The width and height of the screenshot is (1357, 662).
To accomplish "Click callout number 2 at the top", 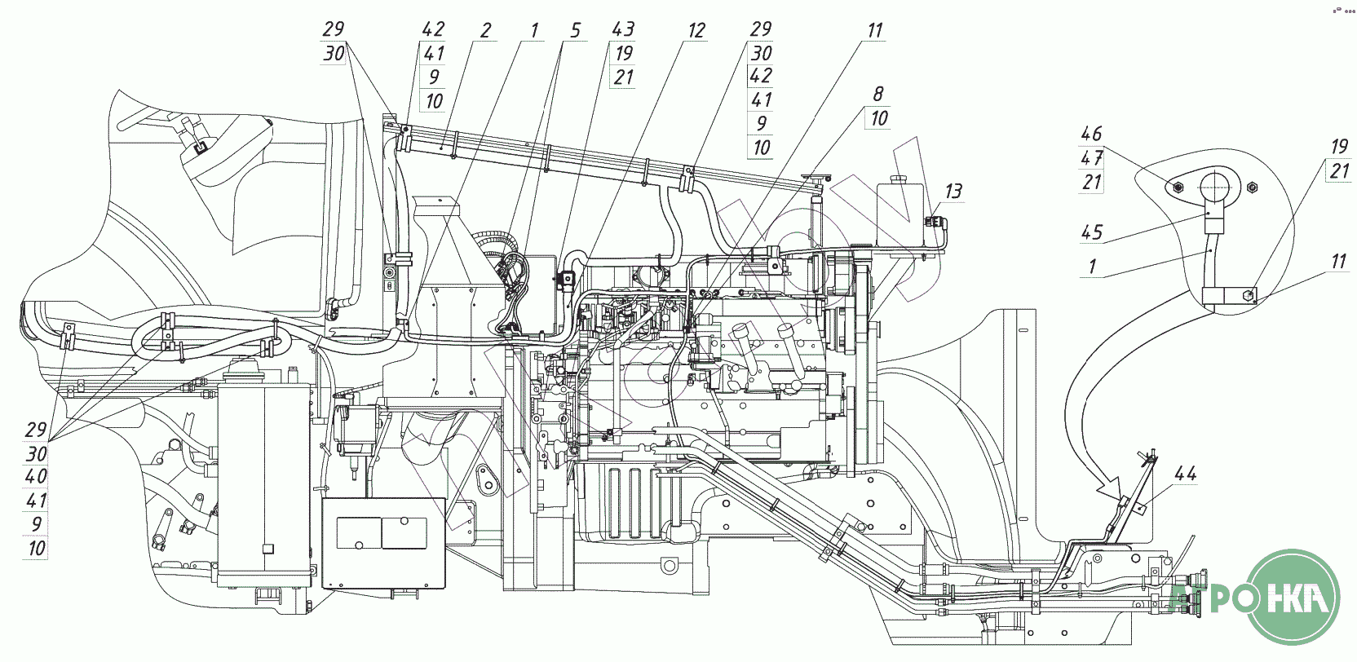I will point(485,31).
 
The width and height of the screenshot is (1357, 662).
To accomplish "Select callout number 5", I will point(575,31).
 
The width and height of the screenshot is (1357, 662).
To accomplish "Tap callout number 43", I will point(622,30).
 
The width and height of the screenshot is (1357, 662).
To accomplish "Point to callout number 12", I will point(696,31).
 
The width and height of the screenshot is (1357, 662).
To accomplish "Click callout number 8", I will point(878,94).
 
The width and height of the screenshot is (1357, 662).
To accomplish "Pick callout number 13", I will point(953,192).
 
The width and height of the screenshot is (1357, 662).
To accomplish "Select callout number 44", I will point(1185,474).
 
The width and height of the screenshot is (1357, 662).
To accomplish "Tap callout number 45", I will point(1092,232).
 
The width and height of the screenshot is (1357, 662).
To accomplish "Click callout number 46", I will point(1091,134).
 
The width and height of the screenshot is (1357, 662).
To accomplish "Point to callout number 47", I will point(1091,158).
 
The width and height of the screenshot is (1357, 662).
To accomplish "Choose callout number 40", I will point(37,476).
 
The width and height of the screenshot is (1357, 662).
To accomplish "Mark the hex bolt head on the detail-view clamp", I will point(1249,296).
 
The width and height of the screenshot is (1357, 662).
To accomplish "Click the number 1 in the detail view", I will point(1092,266).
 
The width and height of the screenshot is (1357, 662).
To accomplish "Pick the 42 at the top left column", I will point(433,29).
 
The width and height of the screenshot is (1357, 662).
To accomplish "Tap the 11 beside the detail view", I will point(1339,261).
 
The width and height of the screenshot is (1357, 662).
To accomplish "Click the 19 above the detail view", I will point(1339,148).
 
